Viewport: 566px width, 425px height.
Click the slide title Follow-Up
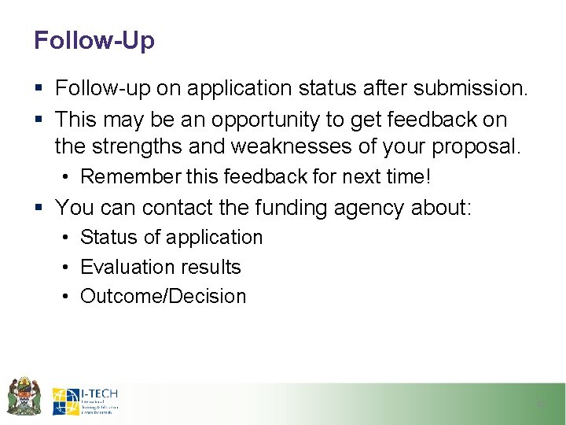(x=94, y=40)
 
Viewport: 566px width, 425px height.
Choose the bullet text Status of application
(x=171, y=238)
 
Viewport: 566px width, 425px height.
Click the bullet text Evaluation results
(x=160, y=267)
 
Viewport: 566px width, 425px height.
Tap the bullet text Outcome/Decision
(x=163, y=297)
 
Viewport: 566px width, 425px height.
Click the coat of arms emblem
(x=24, y=396)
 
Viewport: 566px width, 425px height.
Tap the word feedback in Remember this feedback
(x=260, y=176)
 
